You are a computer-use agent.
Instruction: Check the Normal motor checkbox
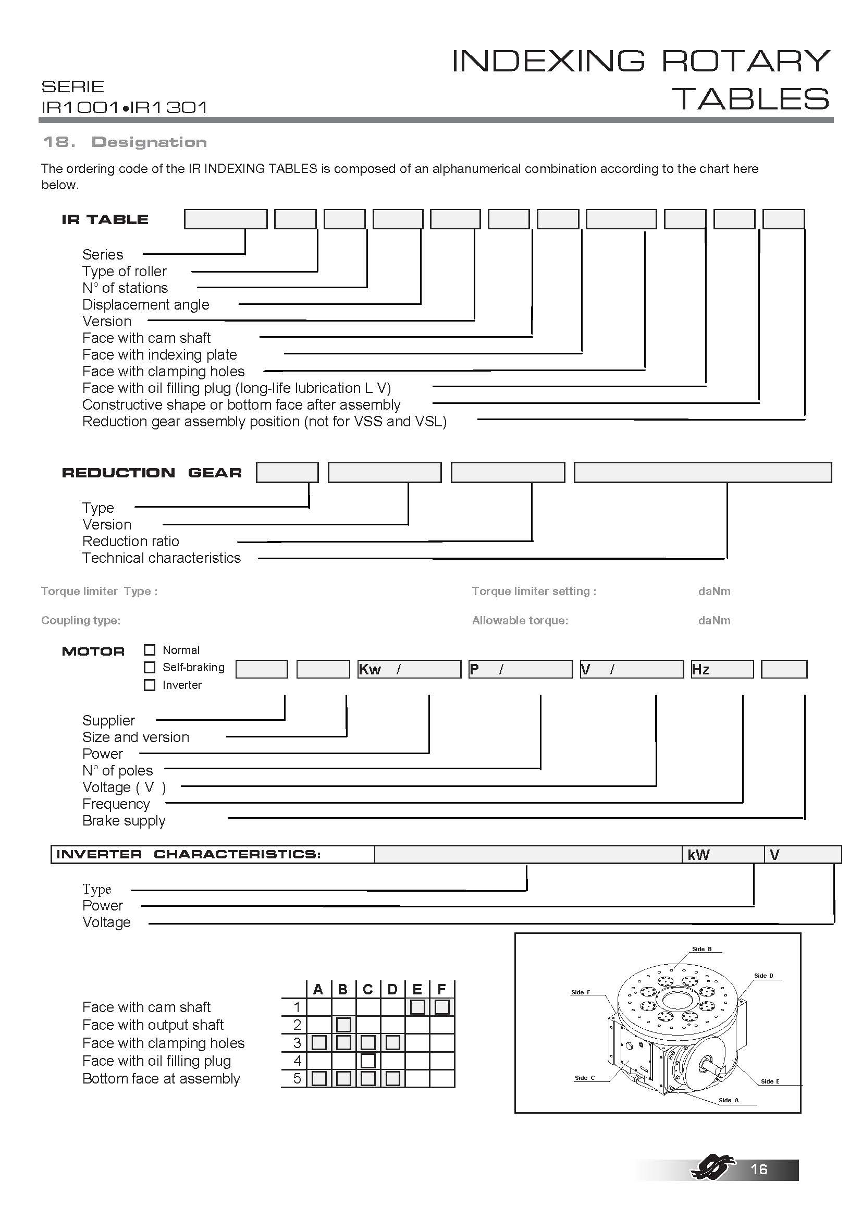pos(150,650)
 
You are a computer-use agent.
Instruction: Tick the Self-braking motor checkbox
pos(150,668)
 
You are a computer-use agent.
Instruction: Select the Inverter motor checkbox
pos(150,685)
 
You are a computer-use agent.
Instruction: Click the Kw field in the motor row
pos(409,670)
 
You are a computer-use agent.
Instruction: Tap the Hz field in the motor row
pos(722,670)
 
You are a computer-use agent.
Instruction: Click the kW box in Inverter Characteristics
pos(723,855)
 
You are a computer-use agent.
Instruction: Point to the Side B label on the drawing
pos(701,949)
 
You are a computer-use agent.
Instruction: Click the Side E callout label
pos(770,1081)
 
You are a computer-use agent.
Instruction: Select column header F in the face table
pos(441,990)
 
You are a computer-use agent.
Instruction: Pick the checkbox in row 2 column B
pos(343,1025)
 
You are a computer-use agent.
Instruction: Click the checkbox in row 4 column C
pos(368,1061)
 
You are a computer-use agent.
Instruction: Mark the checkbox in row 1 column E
pos(417,1007)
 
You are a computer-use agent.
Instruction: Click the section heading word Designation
pos(149,142)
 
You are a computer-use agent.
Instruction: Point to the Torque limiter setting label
pos(534,592)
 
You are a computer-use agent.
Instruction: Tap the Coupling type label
pos(81,621)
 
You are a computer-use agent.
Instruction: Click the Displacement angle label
pos(146,305)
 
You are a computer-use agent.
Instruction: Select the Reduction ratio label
pos(131,541)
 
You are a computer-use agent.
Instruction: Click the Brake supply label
pos(124,821)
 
